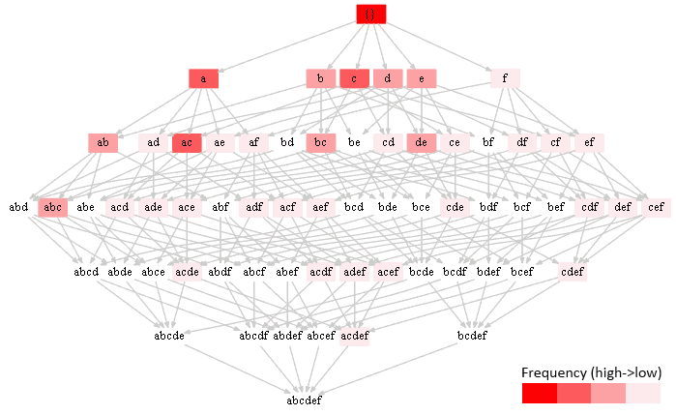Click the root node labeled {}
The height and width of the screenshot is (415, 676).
pyautogui.click(x=370, y=15)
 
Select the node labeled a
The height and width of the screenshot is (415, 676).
pyautogui.click(x=203, y=78)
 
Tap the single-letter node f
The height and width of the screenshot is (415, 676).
pyautogui.click(x=505, y=78)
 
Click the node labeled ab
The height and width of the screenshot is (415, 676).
pyautogui.click(x=103, y=143)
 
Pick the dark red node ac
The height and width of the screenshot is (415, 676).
pyautogui.click(x=187, y=143)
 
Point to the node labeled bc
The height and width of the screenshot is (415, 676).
pyautogui.click(x=320, y=143)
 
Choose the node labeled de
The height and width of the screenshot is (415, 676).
pyautogui.click(x=421, y=143)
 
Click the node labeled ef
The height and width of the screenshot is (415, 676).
pyautogui.click(x=589, y=143)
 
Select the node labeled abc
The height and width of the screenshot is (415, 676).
pyautogui.click(x=52, y=207)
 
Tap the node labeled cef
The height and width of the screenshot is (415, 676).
pyautogui.click(x=656, y=207)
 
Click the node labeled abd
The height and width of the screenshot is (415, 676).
pyautogui.click(x=18, y=207)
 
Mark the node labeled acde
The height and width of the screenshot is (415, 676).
pyautogui.click(x=187, y=272)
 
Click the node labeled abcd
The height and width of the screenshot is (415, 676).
pyautogui.click(x=86, y=272)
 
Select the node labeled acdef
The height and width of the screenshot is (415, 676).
pyautogui.click(x=354, y=336)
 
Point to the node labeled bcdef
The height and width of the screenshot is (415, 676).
pyautogui.click(x=471, y=336)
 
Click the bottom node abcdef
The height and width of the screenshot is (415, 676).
pyautogui.click(x=304, y=400)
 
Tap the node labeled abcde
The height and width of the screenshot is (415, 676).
pyautogui.click(x=170, y=336)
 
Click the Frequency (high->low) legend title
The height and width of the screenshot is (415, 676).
pyautogui.click(x=590, y=372)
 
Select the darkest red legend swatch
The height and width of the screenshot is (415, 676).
pyautogui.click(x=539, y=393)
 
